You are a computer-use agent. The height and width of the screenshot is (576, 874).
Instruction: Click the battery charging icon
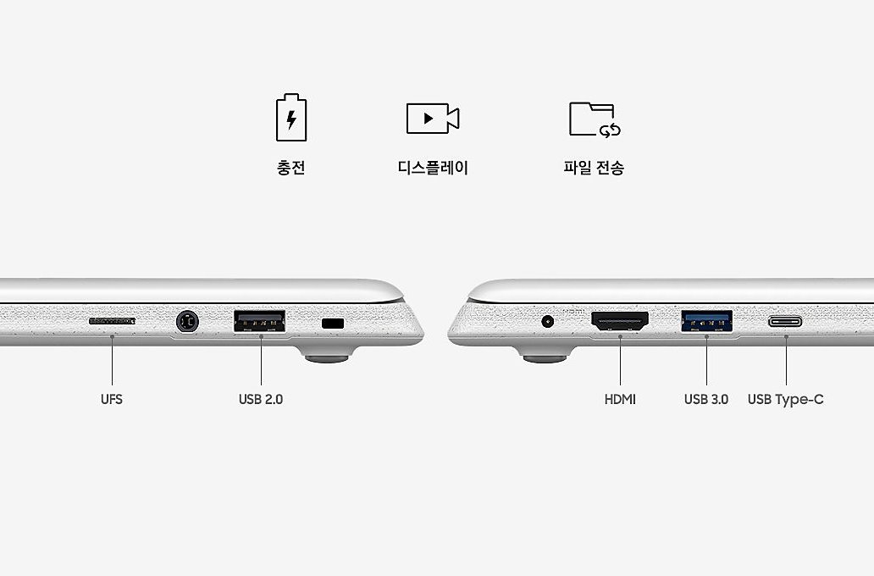coord(291,117)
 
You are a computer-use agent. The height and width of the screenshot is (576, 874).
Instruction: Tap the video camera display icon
coord(433,119)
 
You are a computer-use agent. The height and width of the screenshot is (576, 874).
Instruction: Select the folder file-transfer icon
coord(595,119)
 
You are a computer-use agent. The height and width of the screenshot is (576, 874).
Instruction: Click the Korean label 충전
coord(291,167)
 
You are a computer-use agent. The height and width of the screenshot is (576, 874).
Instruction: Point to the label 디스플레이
coord(433,167)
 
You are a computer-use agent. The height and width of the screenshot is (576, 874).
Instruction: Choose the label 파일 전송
coord(594,167)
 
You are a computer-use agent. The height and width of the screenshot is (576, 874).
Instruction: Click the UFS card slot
coord(112,321)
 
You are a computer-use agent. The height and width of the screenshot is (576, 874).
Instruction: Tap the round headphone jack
coord(187,322)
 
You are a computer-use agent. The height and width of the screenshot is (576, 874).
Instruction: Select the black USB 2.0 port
coord(260,321)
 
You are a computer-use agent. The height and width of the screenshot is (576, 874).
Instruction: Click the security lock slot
coord(333,323)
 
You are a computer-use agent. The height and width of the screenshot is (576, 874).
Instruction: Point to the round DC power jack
coord(547,321)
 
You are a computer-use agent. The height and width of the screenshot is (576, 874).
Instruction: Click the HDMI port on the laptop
coord(620,321)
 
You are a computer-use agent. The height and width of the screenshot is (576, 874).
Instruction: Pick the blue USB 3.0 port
coord(707,321)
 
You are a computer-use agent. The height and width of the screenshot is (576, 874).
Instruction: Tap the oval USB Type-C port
coord(785,321)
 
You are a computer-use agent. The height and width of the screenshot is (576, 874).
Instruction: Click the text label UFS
coord(112,399)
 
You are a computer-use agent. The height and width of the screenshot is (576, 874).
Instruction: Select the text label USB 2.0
coord(260,399)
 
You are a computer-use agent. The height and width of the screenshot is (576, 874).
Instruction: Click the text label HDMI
coord(620,399)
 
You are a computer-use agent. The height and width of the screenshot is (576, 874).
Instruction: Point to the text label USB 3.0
coord(706,399)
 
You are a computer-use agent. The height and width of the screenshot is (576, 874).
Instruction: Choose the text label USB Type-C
coord(785,399)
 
